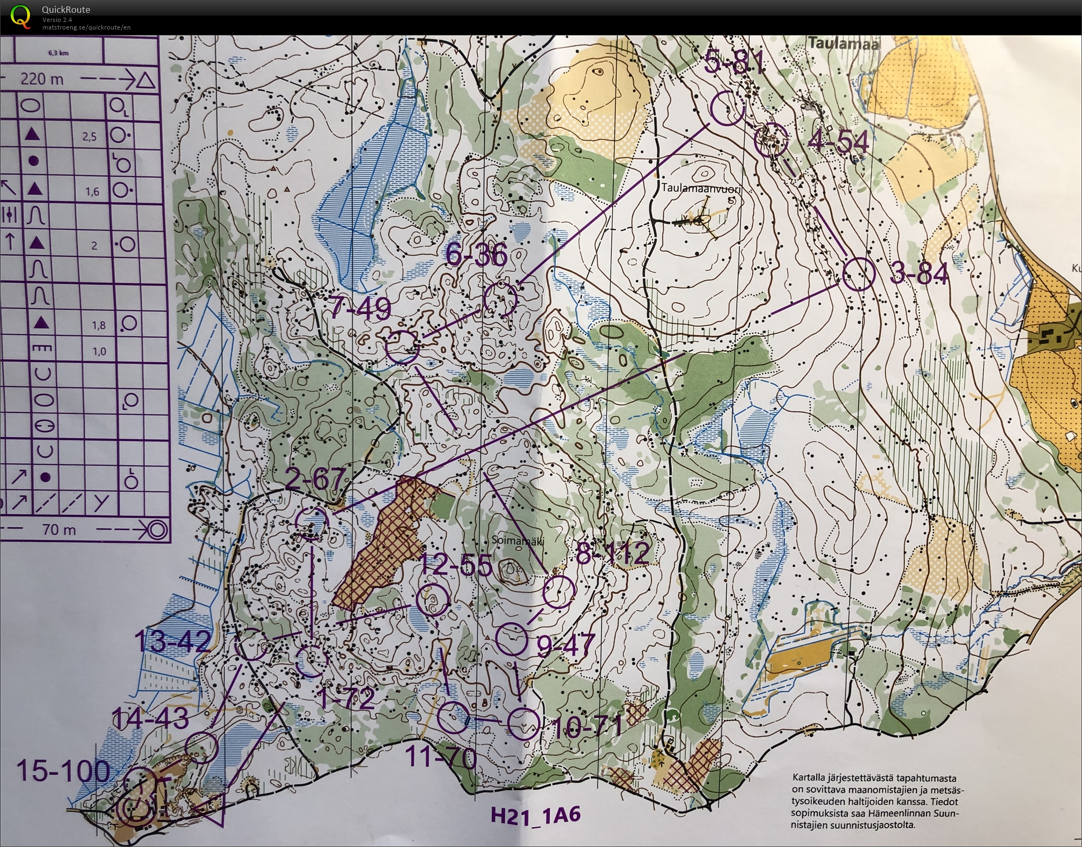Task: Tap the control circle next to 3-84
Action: pos(859,274)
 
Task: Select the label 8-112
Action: pos(613,553)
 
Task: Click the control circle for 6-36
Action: pos(500,299)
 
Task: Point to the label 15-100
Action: pos(63,771)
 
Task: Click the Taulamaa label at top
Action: pos(843,43)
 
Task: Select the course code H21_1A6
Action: pos(536,815)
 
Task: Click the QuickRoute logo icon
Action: pos(20,16)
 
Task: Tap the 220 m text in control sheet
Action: pos(42,79)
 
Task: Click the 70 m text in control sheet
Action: pos(59,530)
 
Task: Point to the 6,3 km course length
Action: pos(58,53)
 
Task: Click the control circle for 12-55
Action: pos(433,600)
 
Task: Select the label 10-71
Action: pos(587,727)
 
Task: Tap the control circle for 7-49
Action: pos(402,347)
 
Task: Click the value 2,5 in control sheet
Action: pos(90,137)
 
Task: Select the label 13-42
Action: pos(172,640)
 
